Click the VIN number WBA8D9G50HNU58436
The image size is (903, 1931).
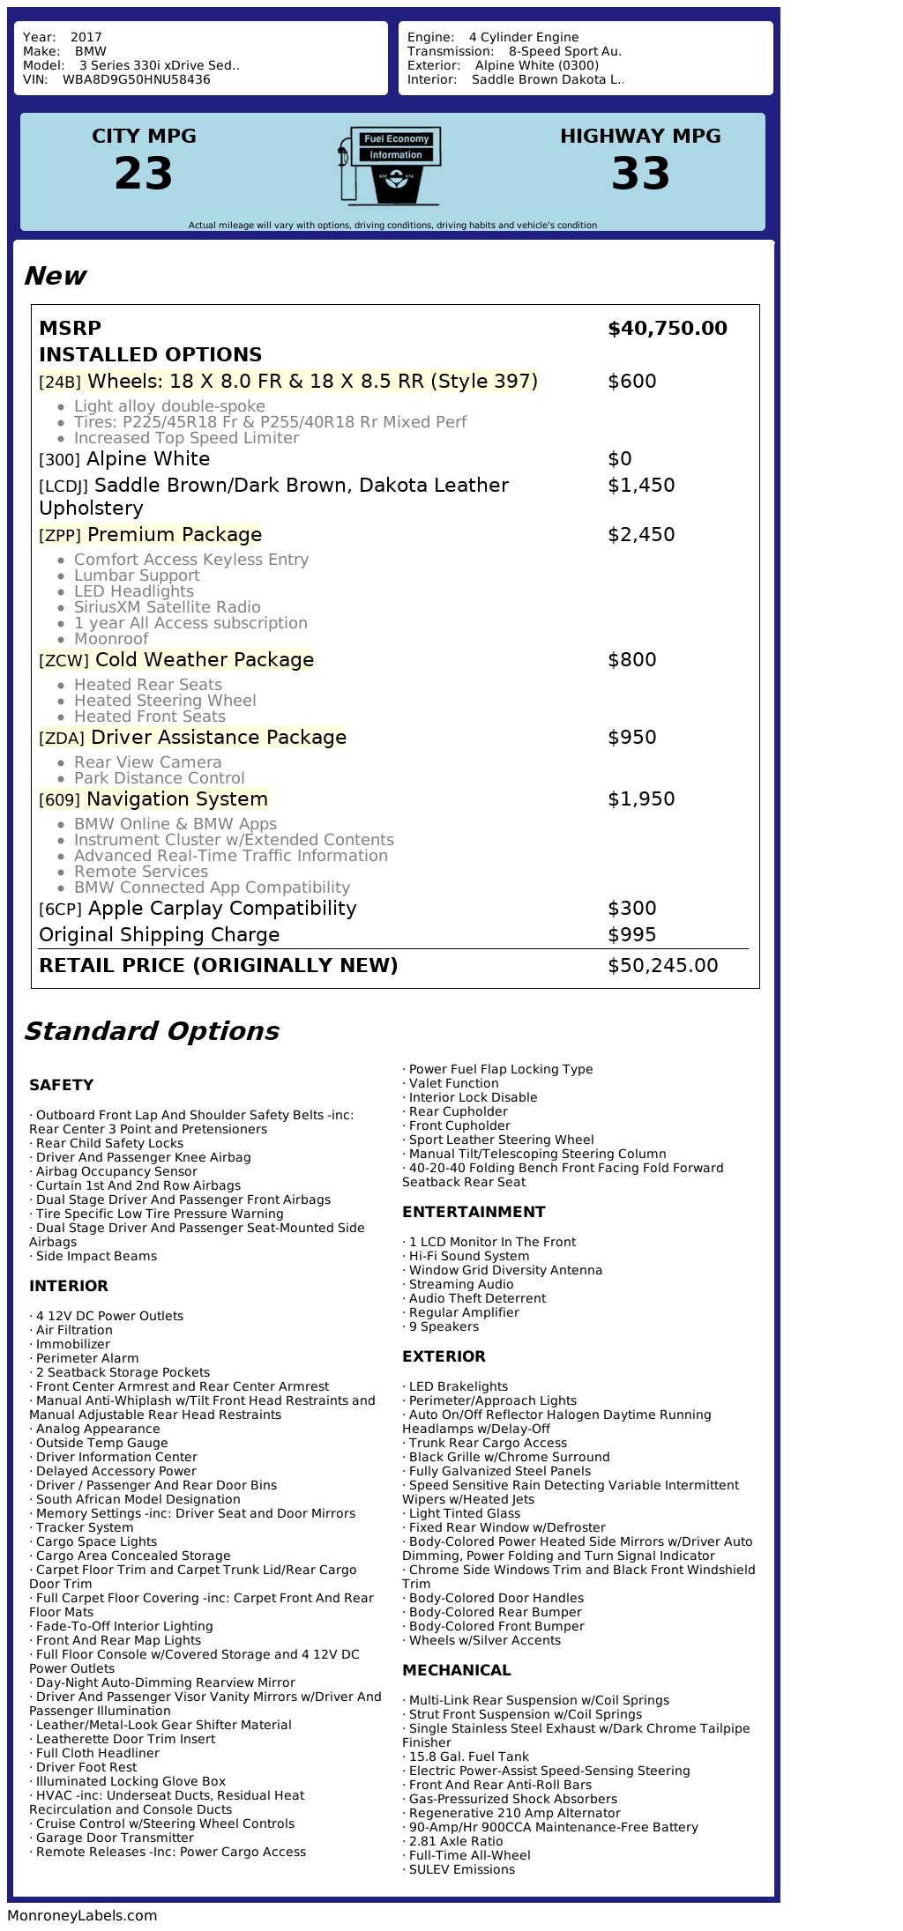[x=136, y=79]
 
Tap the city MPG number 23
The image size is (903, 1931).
[x=144, y=173]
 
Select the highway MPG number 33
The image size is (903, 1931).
[x=640, y=173]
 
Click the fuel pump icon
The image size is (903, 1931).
[x=388, y=165]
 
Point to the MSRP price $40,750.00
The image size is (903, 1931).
[x=667, y=329]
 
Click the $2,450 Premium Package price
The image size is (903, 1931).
[x=641, y=535]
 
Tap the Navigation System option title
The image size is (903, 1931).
[x=176, y=799]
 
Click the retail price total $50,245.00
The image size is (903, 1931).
[x=662, y=966]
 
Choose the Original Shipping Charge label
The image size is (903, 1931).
[x=159, y=935]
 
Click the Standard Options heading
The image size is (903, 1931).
[x=151, y=1031]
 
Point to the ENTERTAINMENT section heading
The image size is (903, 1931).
[x=474, y=1212]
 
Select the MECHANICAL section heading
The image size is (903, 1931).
[x=456, y=1670]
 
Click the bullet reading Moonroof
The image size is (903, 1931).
[x=111, y=639]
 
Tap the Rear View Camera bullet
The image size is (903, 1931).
[x=147, y=762]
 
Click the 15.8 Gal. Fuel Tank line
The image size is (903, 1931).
[x=468, y=1756]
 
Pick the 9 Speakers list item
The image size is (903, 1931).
[x=444, y=1326]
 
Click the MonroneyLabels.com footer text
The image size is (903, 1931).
[x=82, y=1915]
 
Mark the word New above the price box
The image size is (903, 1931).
[x=55, y=276]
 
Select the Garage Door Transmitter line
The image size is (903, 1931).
[x=115, y=1838]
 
